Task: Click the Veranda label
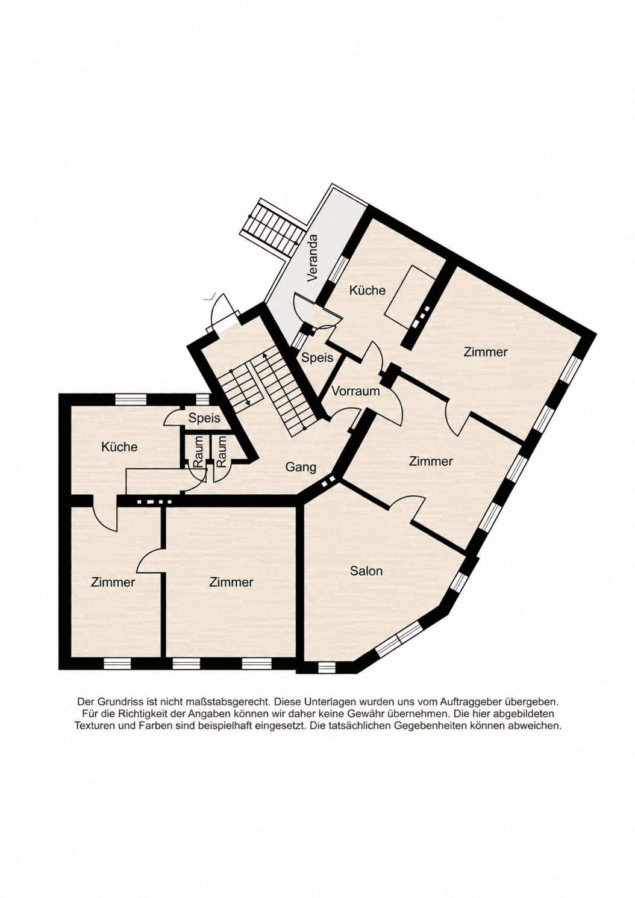[x=313, y=259]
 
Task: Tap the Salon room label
[x=366, y=571]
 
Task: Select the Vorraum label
[x=355, y=391]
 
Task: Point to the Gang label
[x=301, y=468]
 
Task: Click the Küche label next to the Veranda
[x=368, y=290]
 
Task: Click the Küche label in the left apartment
[x=119, y=447]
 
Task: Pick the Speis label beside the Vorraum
[x=317, y=357]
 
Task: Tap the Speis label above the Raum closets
[x=204, y=418]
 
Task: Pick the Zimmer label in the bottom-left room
[x=113, y=582]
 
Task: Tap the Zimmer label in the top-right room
[x=485, y=352]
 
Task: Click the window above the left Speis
[x=202, y=399]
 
